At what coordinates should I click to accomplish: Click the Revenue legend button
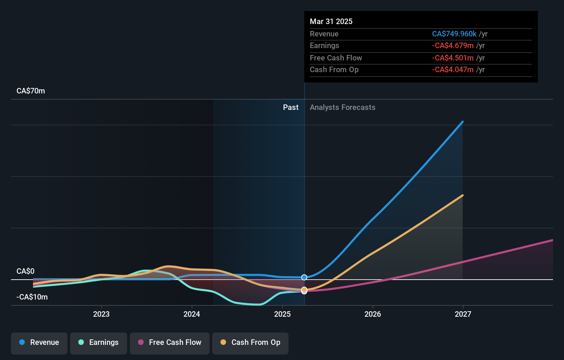click(39, 342)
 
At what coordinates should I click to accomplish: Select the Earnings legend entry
click(99, 342)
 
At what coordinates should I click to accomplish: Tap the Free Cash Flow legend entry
click(170, 342)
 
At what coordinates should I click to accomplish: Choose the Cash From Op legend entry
click(250, 342)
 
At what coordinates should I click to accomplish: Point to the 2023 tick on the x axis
click(101, 314)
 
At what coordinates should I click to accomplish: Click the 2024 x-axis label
click(192, 314)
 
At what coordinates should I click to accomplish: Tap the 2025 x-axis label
click(282, 314)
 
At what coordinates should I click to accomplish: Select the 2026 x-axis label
click(373, 314)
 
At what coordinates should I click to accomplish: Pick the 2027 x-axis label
click(463, 314)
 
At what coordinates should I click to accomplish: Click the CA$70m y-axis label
click(31, 91)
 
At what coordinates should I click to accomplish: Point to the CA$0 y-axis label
click(25, 271)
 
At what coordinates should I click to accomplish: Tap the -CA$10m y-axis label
click(32, 297)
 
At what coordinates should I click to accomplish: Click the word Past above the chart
click(291, 108)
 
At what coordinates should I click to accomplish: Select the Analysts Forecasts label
click(342, 108)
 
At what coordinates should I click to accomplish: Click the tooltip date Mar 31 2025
click(331, 21)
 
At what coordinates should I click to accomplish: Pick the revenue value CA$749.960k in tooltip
click(454, 34)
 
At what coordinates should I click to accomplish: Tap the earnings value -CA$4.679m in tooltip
click(453, 46)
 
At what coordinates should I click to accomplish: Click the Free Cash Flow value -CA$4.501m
click(453, 58)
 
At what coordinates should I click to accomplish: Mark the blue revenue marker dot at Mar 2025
click(304, 277)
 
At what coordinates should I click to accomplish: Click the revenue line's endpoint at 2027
click(463, 122)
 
